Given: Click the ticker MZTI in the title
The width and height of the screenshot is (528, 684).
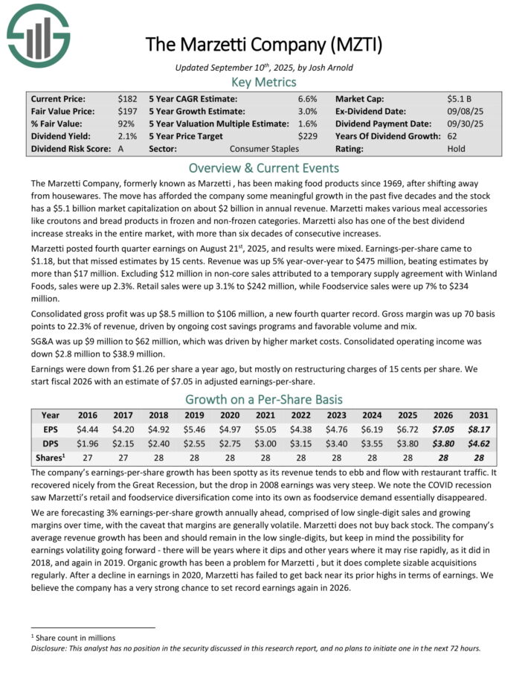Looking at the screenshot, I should [358, 45].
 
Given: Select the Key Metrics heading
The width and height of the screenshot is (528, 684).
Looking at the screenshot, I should [264, 82].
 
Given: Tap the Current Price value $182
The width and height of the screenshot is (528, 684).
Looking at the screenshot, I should [127, 98].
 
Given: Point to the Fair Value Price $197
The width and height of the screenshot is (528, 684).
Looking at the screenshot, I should [127, 111].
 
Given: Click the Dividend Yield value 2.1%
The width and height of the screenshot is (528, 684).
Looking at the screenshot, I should [127, 136].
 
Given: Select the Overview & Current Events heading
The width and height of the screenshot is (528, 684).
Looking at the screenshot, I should [264, 167].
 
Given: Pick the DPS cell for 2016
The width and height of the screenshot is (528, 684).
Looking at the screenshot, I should [88, 443].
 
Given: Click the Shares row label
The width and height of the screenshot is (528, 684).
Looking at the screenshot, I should [50, 457].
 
